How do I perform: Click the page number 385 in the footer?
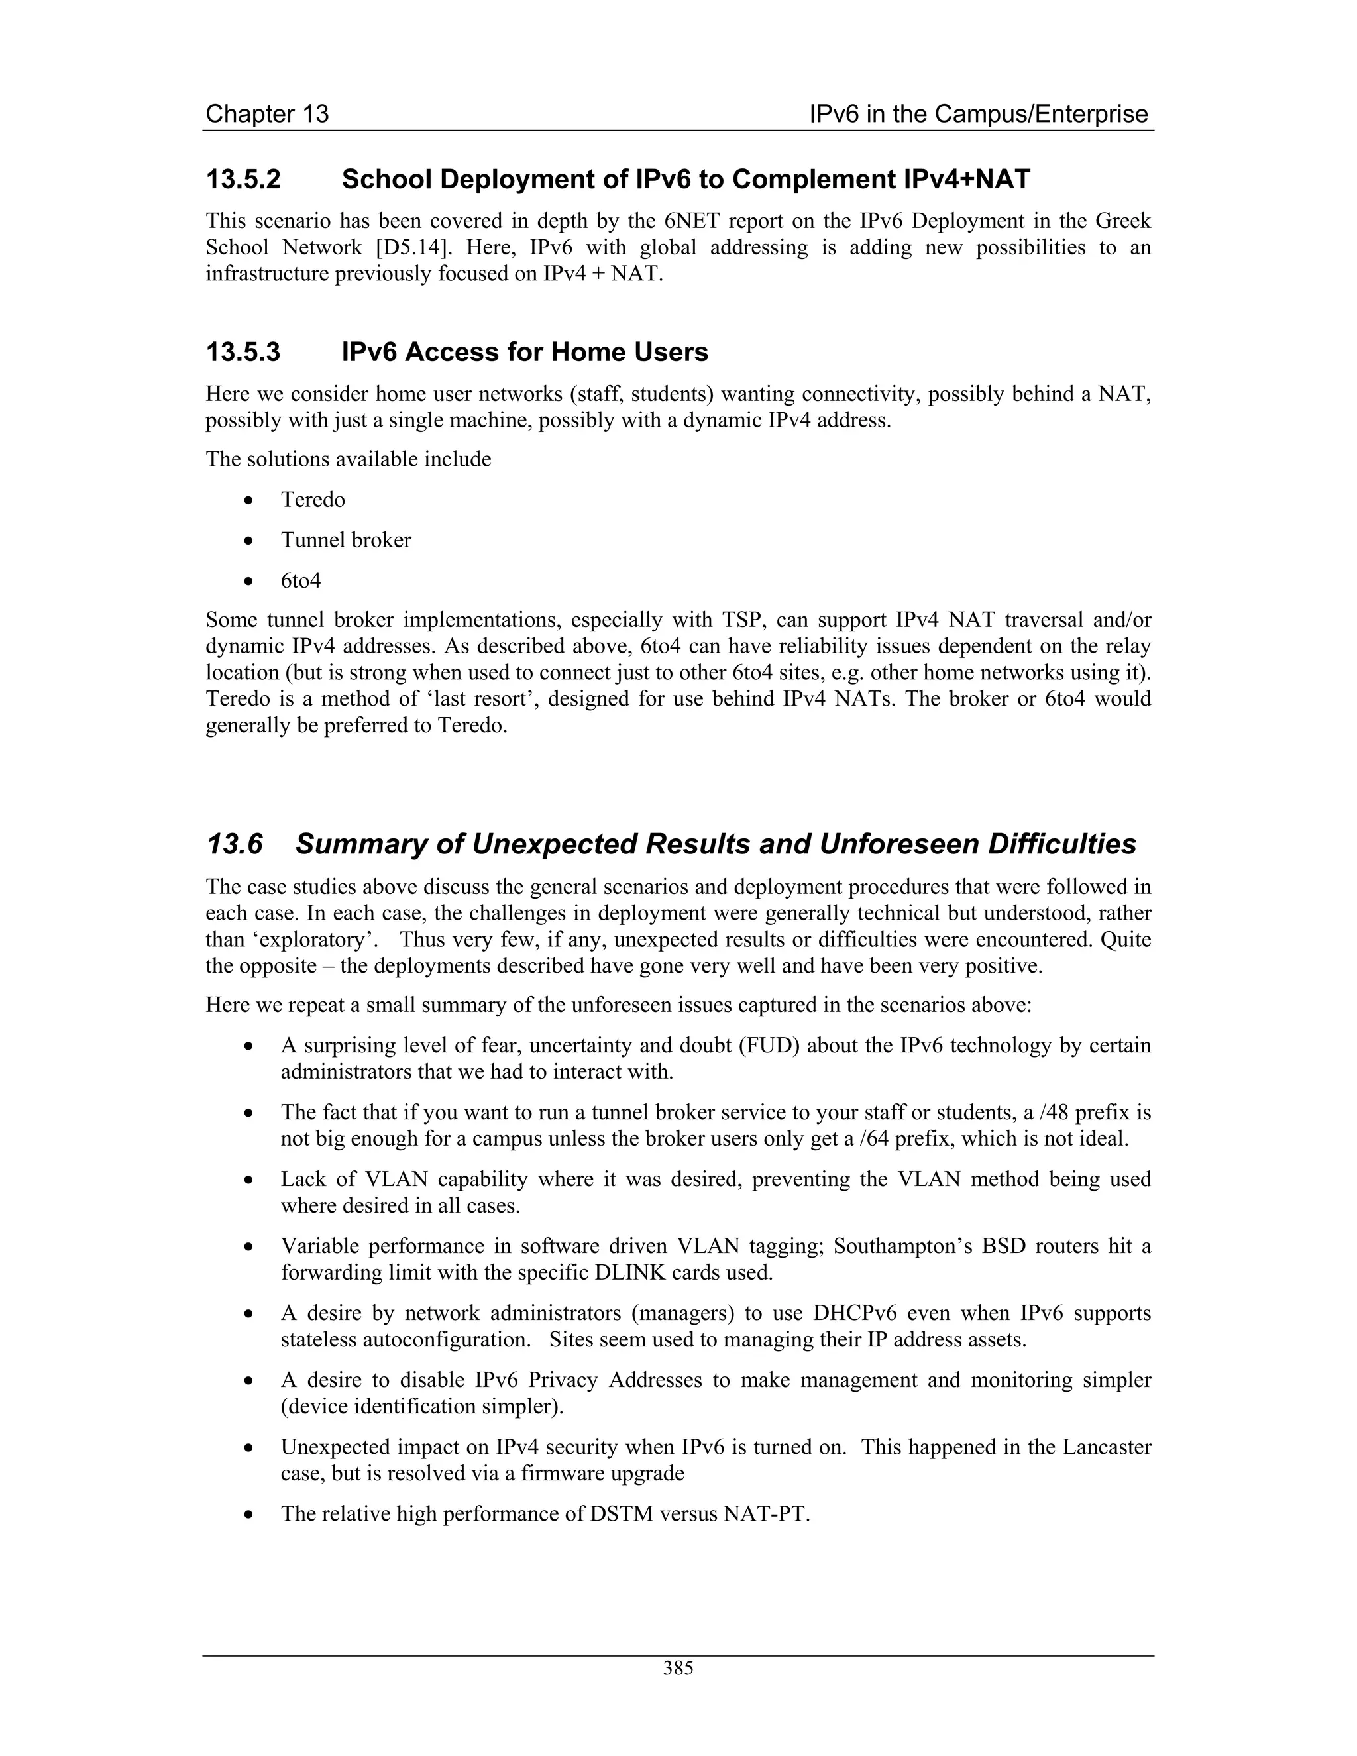tap(678, 1669)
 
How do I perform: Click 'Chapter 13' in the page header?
tap(267, 114)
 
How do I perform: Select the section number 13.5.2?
tap(243, 180)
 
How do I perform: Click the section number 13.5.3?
tap(243, 352)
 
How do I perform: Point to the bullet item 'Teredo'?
tap(313, 500)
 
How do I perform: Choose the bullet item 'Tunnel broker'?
tap(346, 540)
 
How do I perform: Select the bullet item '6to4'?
tap(301, 580)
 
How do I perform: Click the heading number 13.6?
tap(235, 844)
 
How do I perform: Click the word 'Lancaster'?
tap(1107, 1447)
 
